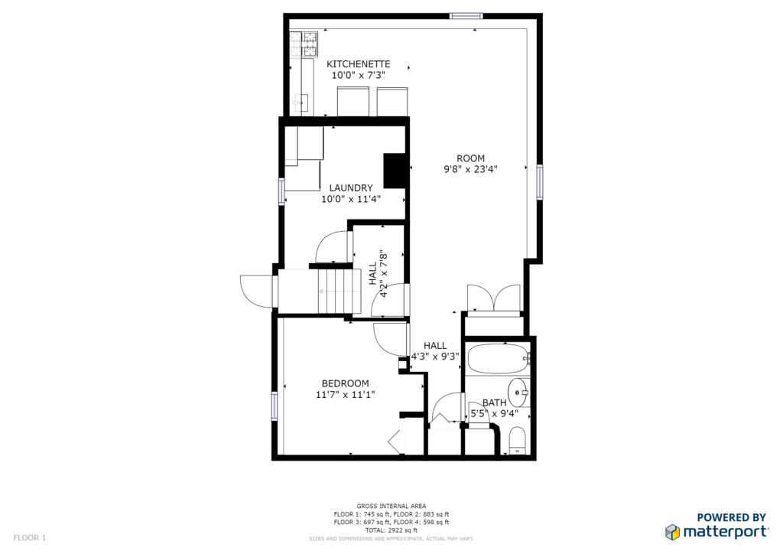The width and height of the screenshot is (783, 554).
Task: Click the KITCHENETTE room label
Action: (x=358, y=64)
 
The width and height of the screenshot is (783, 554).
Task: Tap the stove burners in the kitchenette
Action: (x=304, y=44)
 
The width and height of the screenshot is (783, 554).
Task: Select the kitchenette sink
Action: (x=301, y=103)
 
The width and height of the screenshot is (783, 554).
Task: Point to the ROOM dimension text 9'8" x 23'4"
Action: (x=470, y=169)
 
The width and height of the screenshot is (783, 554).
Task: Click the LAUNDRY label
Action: (x=350, y=187)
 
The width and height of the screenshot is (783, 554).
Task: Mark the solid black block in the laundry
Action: (x=394, y=171)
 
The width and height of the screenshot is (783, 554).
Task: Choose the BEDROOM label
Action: (x=345, y=383)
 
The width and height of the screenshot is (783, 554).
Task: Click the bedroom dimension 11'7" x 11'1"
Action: (x=345, y=395)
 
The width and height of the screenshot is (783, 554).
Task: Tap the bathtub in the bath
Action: (x=498, y=359)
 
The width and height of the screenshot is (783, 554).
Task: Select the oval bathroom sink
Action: (x=518, y=393)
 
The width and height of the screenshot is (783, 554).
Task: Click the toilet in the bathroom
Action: (x=518, y=441)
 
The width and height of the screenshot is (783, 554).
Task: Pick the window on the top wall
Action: (x=466, y=16)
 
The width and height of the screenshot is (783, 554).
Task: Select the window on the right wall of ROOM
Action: (x=540, y=182)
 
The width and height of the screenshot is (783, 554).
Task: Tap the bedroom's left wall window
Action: (x=275, y=406)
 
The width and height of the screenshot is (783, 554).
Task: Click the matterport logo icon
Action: (x=672, y=532)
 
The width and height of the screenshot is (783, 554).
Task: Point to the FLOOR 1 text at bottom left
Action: (x=30, y=538)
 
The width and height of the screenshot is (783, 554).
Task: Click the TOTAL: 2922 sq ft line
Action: (x=391, y=530)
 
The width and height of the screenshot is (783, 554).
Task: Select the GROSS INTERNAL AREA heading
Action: (x=391, y=506)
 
